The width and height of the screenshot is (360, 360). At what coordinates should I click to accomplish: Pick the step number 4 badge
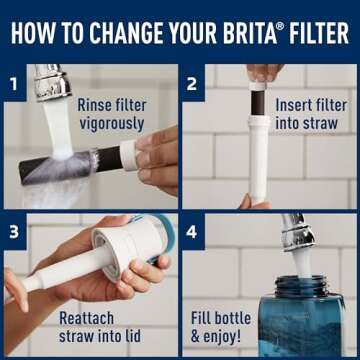tap(192, 232)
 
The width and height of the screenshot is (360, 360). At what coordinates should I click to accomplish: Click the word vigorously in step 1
tap(110, 125)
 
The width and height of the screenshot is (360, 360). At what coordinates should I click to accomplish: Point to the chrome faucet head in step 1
tap(51, 85)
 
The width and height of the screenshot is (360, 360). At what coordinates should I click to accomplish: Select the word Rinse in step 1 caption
tap(97, 103)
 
